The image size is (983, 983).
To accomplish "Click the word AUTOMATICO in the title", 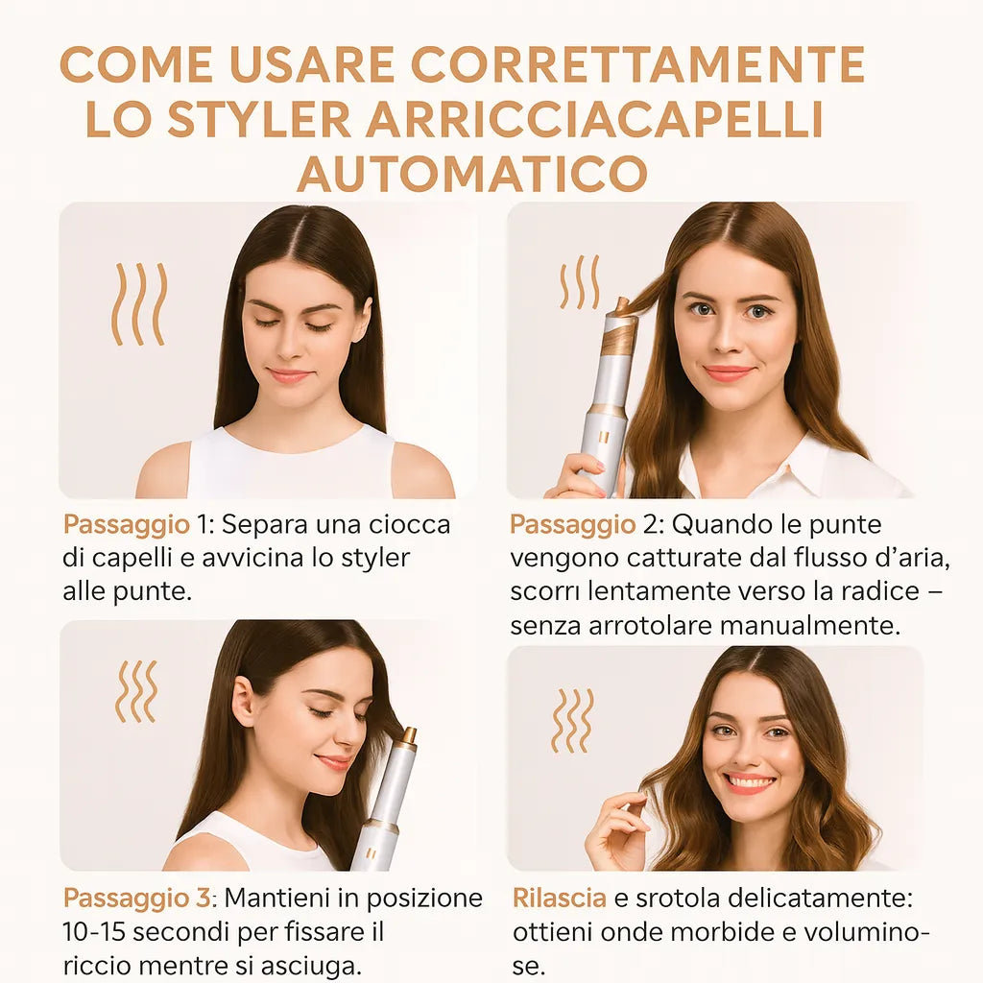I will click(471, 174).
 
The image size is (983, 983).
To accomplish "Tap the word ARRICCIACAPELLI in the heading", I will click(594, 119).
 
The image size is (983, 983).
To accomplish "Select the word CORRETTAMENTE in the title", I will click(637, 65).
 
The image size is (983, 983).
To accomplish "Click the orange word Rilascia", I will click(559, 899).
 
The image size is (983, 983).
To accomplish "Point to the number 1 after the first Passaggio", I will click(203, 525).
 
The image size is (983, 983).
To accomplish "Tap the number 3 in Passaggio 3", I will click(202, 899).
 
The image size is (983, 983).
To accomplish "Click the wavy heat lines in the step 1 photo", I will click(139, 304).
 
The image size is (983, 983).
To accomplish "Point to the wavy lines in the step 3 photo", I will click(135, 691).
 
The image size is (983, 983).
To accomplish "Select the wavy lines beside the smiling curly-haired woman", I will click(572, 720).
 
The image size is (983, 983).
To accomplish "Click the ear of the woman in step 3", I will click(245, 703).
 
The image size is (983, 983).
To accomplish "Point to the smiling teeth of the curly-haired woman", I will click(750, 783).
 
